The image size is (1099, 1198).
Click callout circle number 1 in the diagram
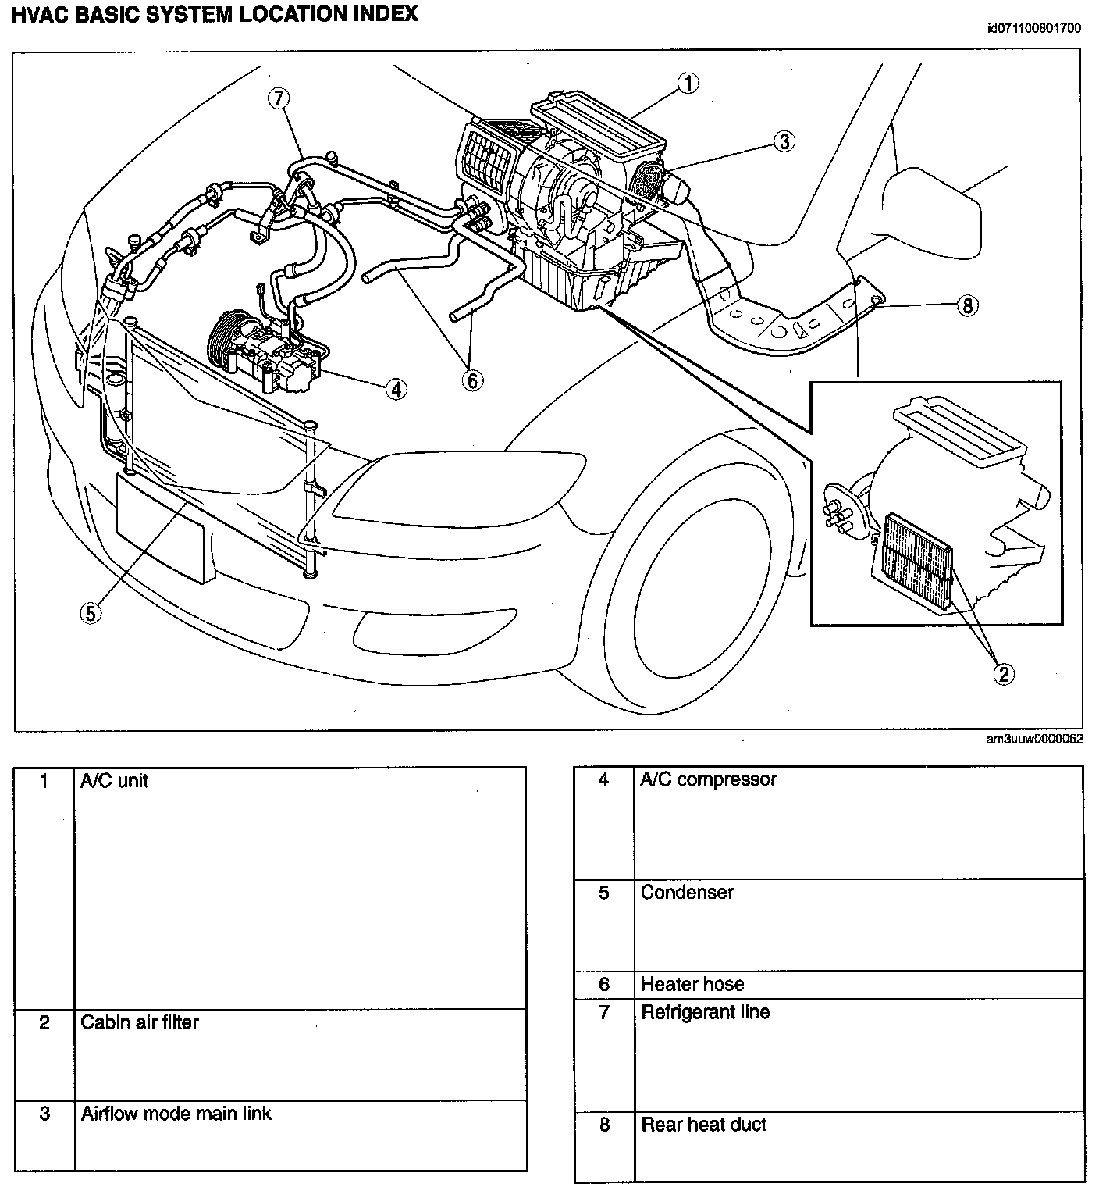click(x=688, y=84)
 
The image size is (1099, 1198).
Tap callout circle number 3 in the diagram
click(x=784, y=141)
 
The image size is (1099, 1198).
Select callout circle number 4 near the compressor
click(x=397, y=388)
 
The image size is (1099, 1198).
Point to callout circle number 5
click(x=91, y=613)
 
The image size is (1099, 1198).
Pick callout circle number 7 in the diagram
click(x=279, y=98)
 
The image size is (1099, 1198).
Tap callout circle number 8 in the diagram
click(x=967, y=305)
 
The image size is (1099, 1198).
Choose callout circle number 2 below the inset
click(x=1003, y=673)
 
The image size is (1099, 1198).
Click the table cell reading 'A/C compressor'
click(x=708, y=779)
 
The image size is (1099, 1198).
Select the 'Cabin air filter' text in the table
click(x=140, y=1022)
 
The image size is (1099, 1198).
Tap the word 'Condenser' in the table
click(x=687, y=893)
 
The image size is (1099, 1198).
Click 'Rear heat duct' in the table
click(x=703, y=1125)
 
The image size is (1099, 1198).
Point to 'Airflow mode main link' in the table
click(x=176, y=1113)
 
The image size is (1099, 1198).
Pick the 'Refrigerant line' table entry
click(x=705, y=1012)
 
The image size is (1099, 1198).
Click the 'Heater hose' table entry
click(x=692, y=984)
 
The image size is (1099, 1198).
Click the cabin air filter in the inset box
click(x=918, y=561)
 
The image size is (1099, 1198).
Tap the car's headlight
click(x=461, y=484)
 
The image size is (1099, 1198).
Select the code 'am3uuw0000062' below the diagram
click(x=1033, y=740)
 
